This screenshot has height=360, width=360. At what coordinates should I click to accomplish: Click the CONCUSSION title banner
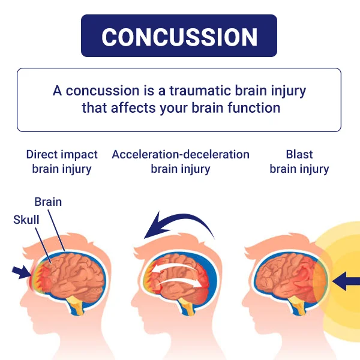179,36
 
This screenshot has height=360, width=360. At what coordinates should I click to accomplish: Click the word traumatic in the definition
200,91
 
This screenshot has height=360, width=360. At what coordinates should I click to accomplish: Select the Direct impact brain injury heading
62,161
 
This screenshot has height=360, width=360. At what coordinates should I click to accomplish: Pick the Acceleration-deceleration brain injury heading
181,161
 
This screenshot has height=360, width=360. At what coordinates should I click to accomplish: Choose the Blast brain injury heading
299,161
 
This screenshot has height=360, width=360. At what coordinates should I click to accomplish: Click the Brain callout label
48,202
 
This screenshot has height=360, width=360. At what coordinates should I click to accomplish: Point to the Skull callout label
26,220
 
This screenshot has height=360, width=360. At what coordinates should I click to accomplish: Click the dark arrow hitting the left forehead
22,272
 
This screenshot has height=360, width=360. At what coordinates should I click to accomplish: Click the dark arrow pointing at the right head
346,281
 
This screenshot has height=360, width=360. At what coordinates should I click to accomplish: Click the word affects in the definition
133,108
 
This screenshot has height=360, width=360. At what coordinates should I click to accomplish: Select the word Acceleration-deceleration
181,155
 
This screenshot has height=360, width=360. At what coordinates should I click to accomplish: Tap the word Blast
299,155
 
